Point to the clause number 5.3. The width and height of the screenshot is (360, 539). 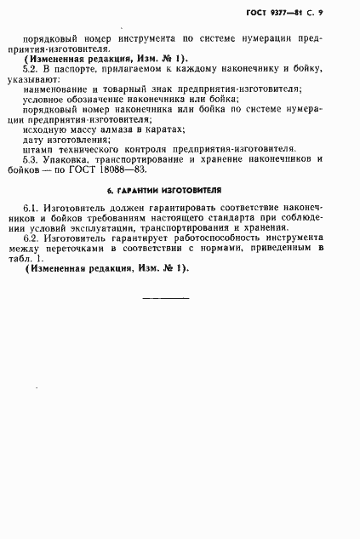pos(37,159)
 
